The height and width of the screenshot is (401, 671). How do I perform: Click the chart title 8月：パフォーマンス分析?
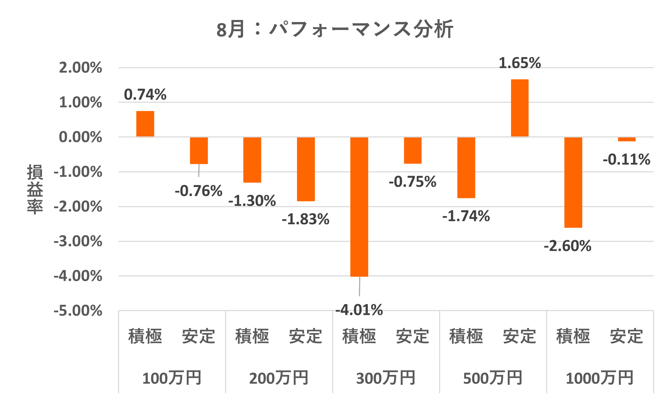point(334,29)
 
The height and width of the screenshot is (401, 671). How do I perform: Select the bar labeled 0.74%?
point(145,124)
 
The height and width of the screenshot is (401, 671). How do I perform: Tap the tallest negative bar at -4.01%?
point(359,207)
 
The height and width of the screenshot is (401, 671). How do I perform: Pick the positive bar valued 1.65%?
point(519,108)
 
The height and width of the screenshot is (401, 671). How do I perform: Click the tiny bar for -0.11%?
point(626,139)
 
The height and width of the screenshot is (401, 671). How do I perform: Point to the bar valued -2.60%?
point(573,182)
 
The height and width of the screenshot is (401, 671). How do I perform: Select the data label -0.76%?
point(199,191)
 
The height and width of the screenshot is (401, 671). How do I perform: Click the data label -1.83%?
point(306,219)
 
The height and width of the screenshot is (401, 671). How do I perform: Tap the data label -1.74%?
point(466,216)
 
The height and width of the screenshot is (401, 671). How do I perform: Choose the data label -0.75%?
point(412,182)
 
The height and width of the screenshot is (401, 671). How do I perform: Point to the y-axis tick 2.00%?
point(81,68)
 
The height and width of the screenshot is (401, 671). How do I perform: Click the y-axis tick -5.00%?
point(78,311)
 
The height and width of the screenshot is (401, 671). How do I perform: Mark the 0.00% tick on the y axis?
point(81,137)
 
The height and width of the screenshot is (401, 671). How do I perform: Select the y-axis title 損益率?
point(35,189)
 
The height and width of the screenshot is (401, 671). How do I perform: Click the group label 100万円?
point(172,378)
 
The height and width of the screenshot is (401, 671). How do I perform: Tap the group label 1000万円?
point(599,378)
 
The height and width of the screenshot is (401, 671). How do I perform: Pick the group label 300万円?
point(386,378)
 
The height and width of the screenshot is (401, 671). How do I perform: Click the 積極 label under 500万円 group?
point(466,336)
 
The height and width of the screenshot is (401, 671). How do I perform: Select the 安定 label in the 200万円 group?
point(306,336)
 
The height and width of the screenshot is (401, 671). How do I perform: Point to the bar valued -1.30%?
point(252,160)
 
